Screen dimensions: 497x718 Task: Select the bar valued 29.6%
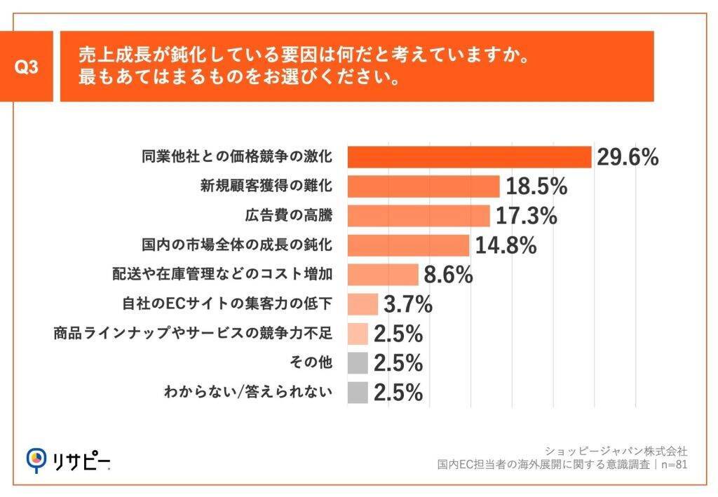[x=470, y=157]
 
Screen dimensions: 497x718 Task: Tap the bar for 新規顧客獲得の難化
[x=424, y=186]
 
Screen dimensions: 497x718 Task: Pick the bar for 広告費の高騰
[x=419, y=216]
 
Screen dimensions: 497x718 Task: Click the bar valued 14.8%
[x=408, y=245]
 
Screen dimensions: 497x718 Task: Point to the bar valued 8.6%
[x=383, y=275]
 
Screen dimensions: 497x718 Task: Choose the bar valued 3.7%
[x=363, y=304]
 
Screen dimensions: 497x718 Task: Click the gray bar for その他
[x=358, y=362]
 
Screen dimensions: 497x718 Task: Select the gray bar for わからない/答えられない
[x=358, y=392]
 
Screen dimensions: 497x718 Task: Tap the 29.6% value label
[x=628, y=157]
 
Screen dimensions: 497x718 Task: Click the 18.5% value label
[x=536, y=186]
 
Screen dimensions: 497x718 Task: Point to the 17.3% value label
[x=526, y=216]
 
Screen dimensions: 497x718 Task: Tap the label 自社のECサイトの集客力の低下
[x=226, y=304]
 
